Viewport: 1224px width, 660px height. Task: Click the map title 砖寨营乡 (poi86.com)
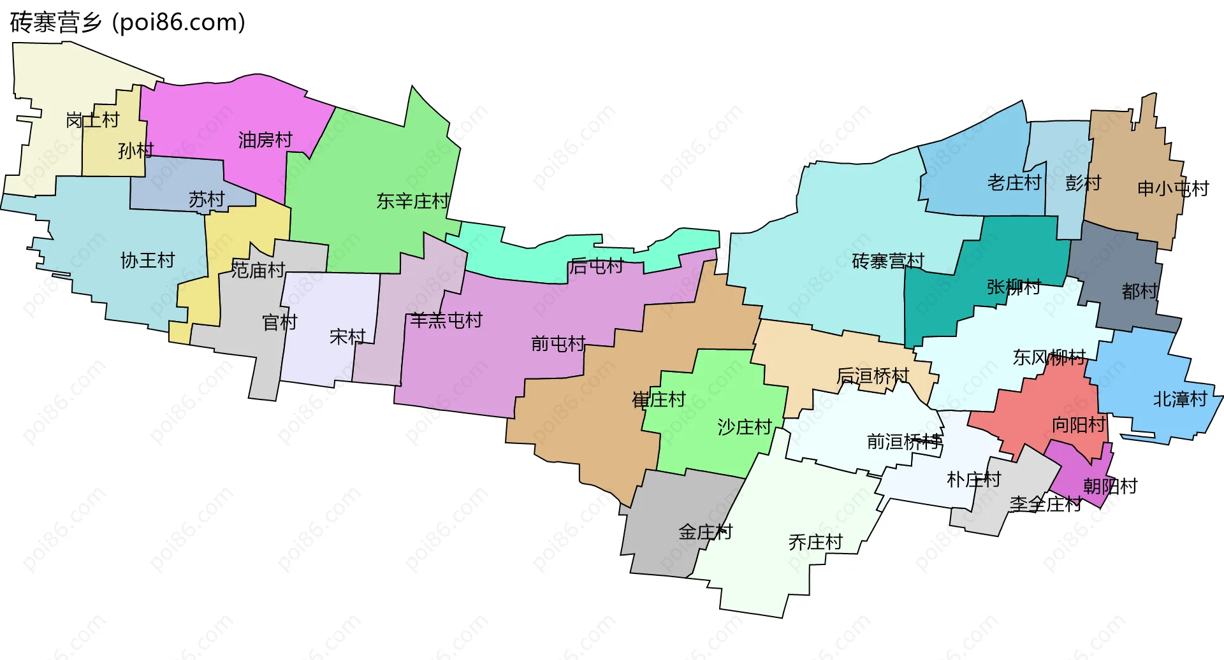pyautogui.click(x=127, y=22)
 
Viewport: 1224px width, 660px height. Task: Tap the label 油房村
pyautogui.click(x=265, y=140)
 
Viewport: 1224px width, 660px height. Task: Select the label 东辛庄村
pyautogui.click(x=413, y=201)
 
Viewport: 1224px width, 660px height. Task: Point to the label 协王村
pyautogui.click(x=147, y=260)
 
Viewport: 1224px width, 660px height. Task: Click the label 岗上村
pyautogui.click(x=92, y=120)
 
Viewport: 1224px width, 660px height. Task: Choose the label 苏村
pyautogui.click(x=207, y=199)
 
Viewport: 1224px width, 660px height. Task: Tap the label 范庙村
pyautogui.click(x=258, y=270)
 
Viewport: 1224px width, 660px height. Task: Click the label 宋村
pyautogui.click(x=347, y=336)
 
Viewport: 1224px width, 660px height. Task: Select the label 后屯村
pyautogui.click(x=596, y=266)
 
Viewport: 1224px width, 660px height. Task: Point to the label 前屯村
pyautogui.click(x=558, y=344)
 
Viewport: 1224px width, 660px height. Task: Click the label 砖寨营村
pyautogui.click(x=887, y=261)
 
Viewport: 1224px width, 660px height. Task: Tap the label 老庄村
pyautogui.click(x=1014, y=183)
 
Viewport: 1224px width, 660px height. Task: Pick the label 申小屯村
pyautogui.click(x=1173, y=189)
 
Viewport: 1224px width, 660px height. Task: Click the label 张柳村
pyautogui.click(x=1014, y=287)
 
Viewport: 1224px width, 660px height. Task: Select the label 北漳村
pyautogui.click(x=1180, y=399)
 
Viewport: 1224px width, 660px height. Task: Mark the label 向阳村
pyautogui.click(x=1079, y=424)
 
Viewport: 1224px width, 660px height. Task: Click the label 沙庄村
pyautogui.click(x=745, y=427)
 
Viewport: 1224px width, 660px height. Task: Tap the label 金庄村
pyautogui.click(x=705, y=531)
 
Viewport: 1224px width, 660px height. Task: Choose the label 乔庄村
pyautogui.click(x=815, y=542)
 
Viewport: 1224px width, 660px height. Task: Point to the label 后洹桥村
pyautogui.click(x=872, y=376)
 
